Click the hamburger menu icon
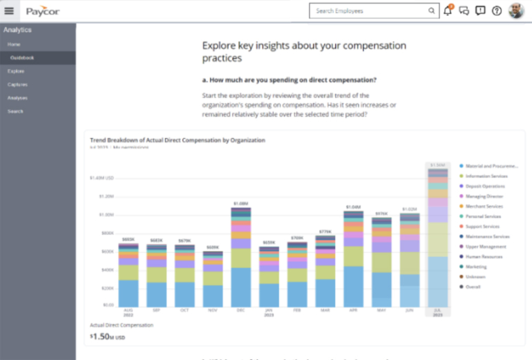[9, 11]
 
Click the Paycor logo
[42, 11]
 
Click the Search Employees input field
[369, 11]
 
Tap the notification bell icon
[448, 10]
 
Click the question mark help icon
[496, 11]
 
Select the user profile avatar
[516, 11]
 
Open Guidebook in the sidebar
[32, 58]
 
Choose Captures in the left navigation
[18, 84]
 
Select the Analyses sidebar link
[18, 97]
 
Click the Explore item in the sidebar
[17, 71]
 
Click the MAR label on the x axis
[325, 310]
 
